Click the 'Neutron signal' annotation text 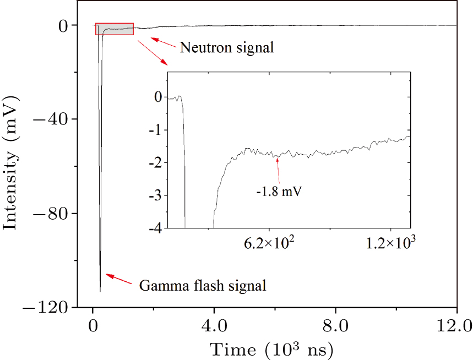click(227, 48)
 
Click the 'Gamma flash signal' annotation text click(203, 286)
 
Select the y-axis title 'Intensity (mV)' click(12, 163)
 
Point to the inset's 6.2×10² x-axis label click(269, 243)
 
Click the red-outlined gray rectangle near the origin click(115, 29)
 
